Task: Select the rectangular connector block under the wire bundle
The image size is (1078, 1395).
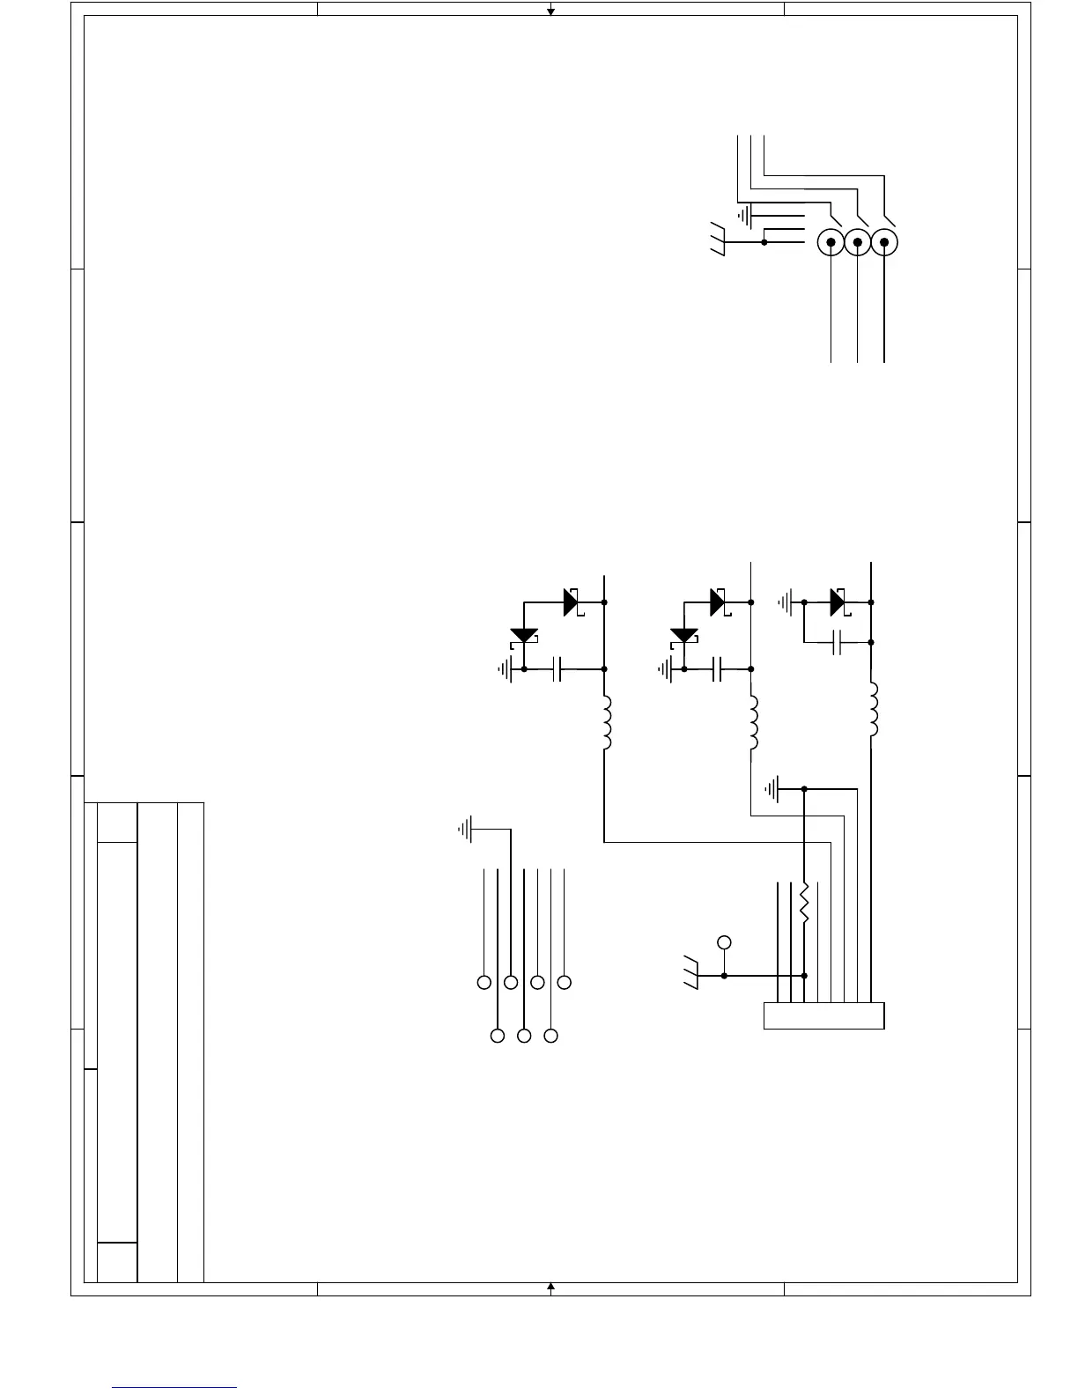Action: point(823,1015)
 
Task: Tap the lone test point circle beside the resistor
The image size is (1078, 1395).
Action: point(724,942)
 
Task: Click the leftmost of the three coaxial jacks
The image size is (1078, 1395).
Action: point(831,242)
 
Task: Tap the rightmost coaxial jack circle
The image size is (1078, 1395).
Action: point(884,242)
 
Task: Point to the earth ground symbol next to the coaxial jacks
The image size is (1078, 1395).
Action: point(745,214)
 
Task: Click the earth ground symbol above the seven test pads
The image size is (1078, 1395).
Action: point(466,829)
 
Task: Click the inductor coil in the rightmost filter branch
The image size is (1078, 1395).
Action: point(872,710)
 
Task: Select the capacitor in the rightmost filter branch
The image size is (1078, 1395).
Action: point(838,643)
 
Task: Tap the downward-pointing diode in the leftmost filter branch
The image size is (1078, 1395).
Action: point(524,636)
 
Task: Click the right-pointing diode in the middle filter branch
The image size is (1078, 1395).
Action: point(718,602)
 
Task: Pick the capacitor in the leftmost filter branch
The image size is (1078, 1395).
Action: point(556,669)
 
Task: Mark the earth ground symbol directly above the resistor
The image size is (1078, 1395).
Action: point(775,789)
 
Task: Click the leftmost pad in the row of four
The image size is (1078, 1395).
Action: point(484,982)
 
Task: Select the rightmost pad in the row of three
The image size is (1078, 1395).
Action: point(551,1037)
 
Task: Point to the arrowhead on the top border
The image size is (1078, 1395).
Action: point(550,11)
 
